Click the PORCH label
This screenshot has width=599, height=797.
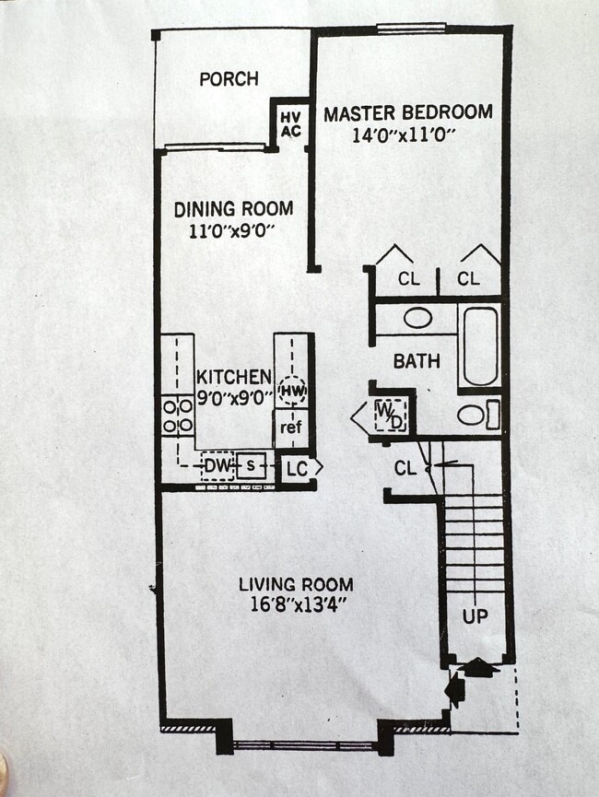click(229, 79)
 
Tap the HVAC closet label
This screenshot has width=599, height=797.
click(290, 123)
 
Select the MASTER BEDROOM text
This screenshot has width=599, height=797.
click(407, 112)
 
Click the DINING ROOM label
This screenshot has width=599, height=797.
click(233, 209)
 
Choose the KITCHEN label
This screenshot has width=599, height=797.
click(233, 377)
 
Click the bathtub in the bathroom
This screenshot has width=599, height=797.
click(479, 346)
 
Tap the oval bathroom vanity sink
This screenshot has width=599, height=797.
click(417, 318)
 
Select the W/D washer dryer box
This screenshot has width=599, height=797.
click(390, 416)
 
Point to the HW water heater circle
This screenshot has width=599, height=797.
click(293, 391)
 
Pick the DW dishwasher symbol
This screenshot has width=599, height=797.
click(217, 466)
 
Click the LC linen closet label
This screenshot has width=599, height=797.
click(296, 468)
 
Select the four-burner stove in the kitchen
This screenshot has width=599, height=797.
click(177, 415)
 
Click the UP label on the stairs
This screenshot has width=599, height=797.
click(475, 616)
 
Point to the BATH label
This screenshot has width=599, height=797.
click(417, 361)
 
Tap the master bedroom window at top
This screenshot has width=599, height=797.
click(411, 29)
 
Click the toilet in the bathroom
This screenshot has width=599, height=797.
click(476, 415)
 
